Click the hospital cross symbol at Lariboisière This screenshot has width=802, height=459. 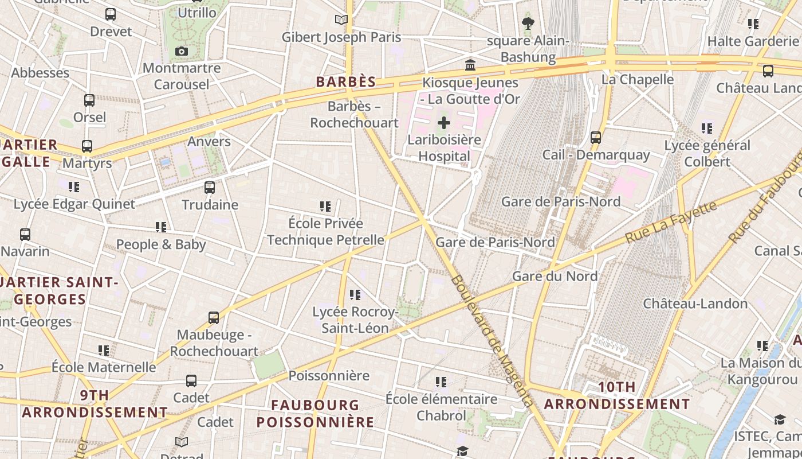[444, 123]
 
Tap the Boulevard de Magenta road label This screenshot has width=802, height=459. [492, 341]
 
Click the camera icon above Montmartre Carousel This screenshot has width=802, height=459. [182, 52]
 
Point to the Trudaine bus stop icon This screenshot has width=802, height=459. [210, 188]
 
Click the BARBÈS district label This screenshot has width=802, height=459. [346, 82]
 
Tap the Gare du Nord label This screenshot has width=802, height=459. [555, 277]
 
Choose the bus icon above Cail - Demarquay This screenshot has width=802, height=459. [596, 138]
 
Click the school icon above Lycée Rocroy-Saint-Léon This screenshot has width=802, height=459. [355, 295]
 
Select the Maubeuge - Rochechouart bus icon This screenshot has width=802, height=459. [214, 317]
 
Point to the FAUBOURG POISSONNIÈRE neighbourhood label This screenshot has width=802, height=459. [315, 414]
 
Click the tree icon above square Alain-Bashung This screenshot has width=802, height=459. [528, 24]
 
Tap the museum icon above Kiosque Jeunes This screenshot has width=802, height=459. [470, 65]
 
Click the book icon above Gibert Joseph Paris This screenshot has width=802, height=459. [341, 20]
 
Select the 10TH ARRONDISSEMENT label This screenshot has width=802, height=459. [617, 395]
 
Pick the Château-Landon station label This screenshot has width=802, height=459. [695, 304]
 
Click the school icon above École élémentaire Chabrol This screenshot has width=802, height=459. [441, 382]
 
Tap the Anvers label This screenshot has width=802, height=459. [209, 142]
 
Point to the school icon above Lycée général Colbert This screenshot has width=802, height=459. [707, 128]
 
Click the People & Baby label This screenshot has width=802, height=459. [161, 245]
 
